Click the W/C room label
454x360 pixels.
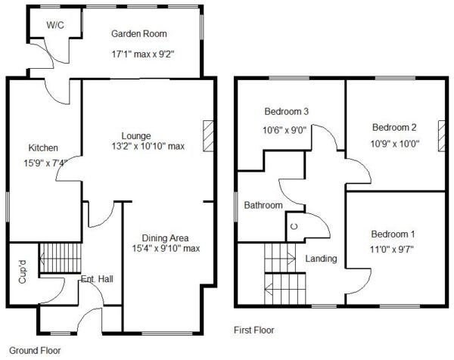[x=55, y=25]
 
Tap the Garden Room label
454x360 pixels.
[x=139, y=33]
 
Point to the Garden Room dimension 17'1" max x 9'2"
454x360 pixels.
[x=143, y=54]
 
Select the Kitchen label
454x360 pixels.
[x=43, y=148]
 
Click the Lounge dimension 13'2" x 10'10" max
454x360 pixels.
[x=148, y=146]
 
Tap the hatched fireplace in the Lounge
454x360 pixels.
[x=208, y=136]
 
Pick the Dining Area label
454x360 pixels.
[x=165, y=238]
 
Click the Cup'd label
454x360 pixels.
[x=22, y=272]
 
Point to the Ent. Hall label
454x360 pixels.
[x=97, y=279]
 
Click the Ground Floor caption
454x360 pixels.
[x=35, y=351]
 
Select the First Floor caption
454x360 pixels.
[x=254, y=330]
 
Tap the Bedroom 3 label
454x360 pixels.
[x=287, y=111]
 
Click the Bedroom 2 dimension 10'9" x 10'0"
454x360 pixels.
[x=395, y=144]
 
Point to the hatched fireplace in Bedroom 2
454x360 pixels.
[x=442, y=136]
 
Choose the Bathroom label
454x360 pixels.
[x=263, y=205]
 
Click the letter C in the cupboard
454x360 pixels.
[x=294, y=227]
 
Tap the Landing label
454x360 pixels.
[x=321, y=259]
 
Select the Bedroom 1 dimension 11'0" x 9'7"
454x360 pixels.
[x=392, y=249]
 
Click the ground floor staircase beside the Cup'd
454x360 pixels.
[x=61, y=258]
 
